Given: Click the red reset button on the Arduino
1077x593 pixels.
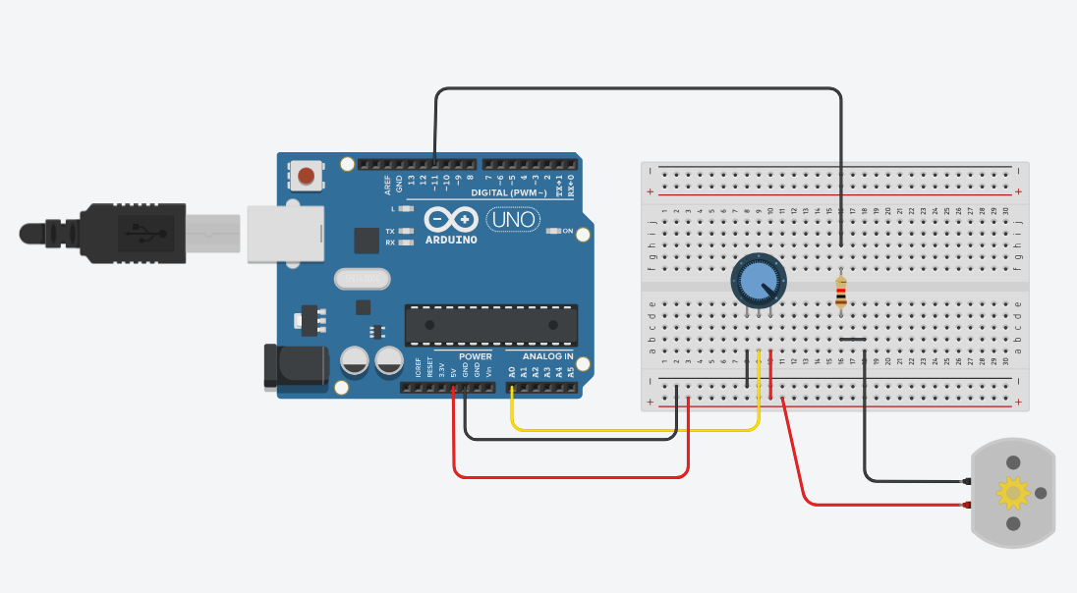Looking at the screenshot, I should point(307,177).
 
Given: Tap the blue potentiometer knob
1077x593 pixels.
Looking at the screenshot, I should point(756,281).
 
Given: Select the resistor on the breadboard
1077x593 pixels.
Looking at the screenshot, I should point(841,292).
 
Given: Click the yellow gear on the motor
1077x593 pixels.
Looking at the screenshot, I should point(1011,492).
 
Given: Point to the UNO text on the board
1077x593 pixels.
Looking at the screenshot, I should point(512,219).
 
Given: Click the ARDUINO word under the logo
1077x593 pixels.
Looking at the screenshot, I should point(451,240).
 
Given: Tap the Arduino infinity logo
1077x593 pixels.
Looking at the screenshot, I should point(451,220).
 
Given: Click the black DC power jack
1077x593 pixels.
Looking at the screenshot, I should point(295,365).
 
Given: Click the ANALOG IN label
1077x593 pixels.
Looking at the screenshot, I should point(547,356).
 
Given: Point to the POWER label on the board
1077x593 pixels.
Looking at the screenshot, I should point(476,356).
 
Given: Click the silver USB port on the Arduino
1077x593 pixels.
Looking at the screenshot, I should point(284,234).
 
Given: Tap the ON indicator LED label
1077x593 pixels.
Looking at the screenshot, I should point(568,231).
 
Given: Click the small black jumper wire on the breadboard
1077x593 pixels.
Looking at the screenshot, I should point(853,340).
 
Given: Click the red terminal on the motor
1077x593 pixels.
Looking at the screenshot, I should point(967,506).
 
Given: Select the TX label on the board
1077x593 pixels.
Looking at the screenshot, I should point(390,232).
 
